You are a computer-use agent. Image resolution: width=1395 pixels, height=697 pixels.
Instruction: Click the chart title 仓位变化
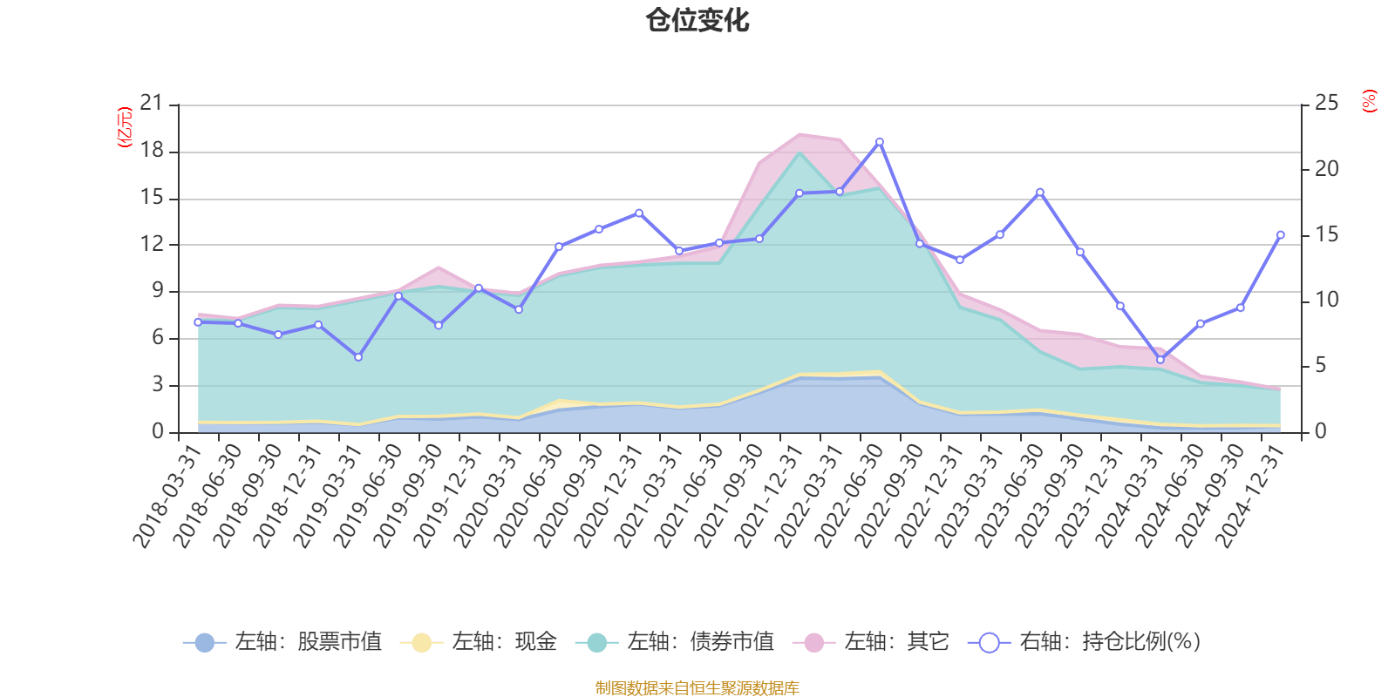697,20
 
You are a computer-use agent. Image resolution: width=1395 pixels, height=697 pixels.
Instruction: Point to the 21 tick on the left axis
152,104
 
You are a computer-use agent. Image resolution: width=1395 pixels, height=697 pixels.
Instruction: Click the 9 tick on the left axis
158,291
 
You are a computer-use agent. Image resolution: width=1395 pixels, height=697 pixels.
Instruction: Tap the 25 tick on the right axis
1326,104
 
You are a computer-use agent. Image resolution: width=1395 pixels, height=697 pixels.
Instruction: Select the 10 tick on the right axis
1326,300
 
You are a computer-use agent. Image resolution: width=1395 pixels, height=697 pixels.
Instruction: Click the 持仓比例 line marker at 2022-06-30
879,141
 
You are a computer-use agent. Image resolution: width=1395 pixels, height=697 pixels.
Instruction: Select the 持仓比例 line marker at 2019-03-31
358,357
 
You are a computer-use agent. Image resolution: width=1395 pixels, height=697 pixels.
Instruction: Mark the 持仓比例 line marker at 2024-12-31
1280,234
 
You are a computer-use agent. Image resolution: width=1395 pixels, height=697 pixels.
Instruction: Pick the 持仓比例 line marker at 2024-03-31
1160,360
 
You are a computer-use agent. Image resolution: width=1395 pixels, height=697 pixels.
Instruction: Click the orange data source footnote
697,688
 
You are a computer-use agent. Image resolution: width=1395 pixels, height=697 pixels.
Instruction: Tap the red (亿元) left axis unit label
125,127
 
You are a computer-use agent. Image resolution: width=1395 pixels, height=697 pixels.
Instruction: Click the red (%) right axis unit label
1370,101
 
